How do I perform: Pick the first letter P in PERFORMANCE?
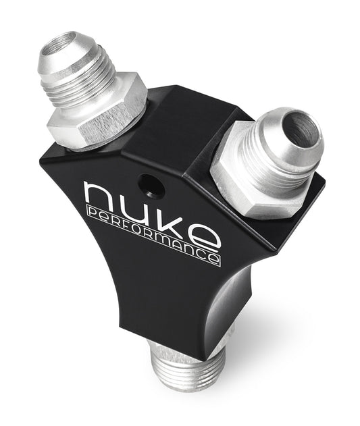(90, 214)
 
